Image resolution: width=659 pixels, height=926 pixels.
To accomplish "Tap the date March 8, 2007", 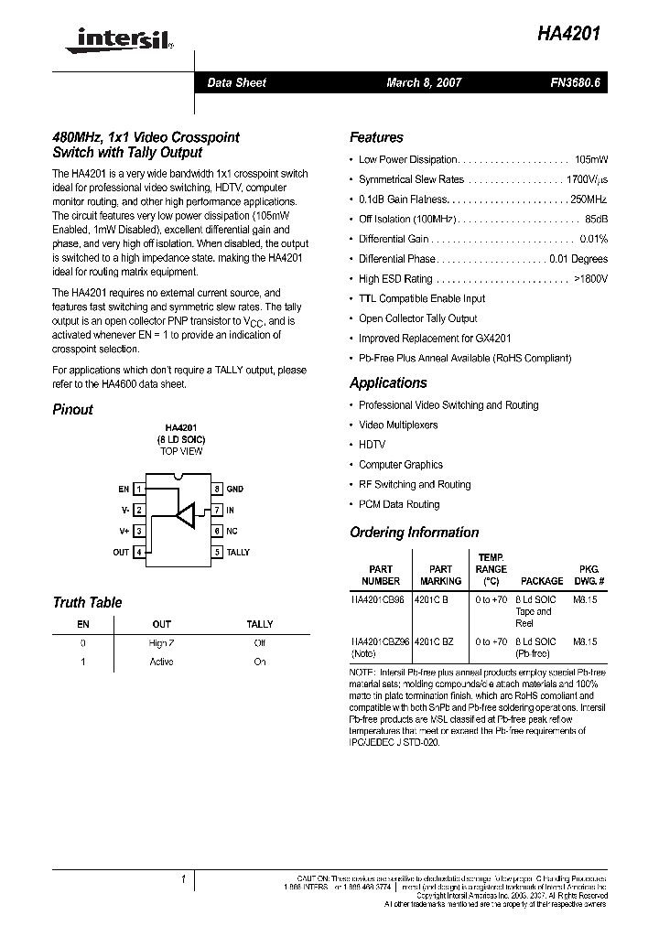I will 424,83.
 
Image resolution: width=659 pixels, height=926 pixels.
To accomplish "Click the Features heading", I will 376,137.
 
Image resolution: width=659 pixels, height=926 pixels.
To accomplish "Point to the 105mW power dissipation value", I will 590,159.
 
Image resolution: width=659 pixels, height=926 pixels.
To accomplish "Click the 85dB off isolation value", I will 596,219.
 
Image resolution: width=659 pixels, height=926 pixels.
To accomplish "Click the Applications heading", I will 388,382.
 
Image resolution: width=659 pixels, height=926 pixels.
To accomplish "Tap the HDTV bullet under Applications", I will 372,445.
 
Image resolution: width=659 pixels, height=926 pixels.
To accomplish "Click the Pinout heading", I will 72,410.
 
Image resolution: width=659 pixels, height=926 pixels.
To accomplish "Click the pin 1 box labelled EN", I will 138,490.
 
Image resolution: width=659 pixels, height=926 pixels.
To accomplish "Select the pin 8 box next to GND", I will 217,490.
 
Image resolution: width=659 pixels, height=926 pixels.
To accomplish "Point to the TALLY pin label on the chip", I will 238,553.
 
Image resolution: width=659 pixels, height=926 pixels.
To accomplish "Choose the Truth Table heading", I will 87,602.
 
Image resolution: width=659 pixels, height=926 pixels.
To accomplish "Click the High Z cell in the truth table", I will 161,643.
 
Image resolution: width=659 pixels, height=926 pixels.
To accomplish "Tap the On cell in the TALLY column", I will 260,662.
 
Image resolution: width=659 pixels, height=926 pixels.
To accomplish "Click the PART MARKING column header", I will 440,575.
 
